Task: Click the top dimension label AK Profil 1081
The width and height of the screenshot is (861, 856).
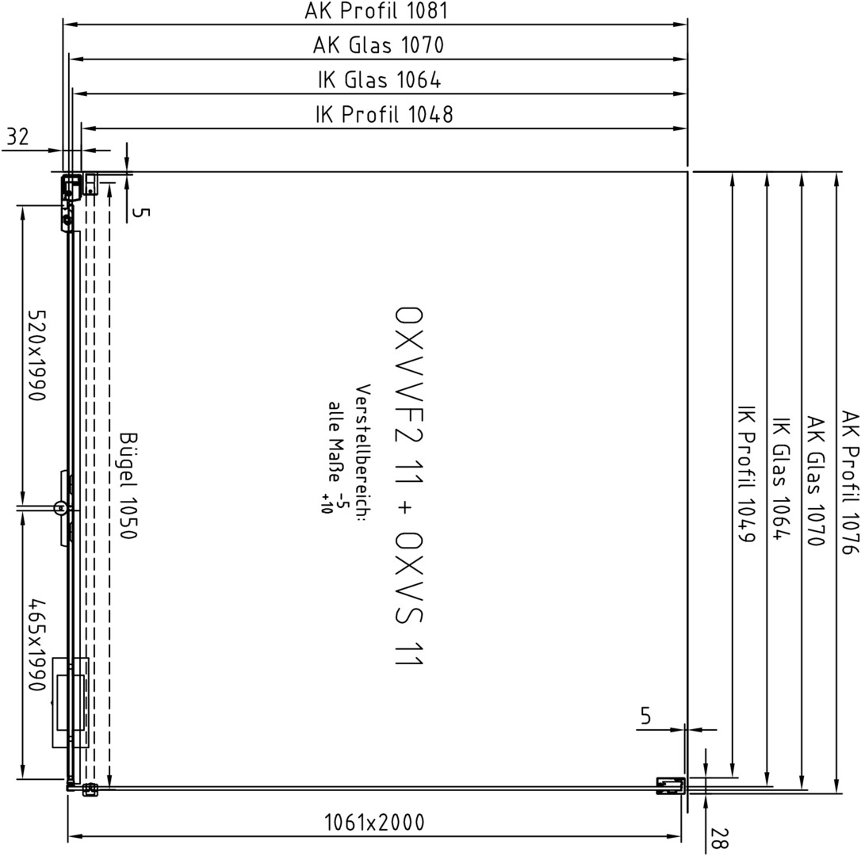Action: point(376,10)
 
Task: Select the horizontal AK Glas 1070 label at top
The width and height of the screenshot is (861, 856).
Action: point(378,45)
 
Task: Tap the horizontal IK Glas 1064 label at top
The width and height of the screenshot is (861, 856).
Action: point(380,80)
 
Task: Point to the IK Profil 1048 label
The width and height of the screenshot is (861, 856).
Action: point(385,114)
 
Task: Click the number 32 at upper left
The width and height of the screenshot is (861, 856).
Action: point(17,136)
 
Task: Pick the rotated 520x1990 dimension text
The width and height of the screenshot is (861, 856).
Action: point(37,355)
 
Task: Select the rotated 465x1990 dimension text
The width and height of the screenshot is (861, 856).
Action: point(37,645)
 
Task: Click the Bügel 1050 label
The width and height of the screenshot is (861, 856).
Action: point(128,485)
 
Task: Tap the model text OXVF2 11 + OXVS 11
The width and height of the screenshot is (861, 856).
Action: point(409,487)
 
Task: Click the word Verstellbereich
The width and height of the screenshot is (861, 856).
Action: point(363,452)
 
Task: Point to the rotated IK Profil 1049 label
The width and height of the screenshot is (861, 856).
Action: point(746,481)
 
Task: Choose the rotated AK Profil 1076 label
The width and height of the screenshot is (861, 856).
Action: point(849,482)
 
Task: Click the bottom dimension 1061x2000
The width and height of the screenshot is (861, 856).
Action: point(374,823)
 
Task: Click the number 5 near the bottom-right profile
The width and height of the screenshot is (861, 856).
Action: point(645,716)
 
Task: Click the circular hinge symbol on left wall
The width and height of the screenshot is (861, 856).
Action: point(59,508)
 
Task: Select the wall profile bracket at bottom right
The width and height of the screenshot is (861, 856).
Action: point(671,785)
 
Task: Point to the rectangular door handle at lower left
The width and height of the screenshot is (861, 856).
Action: point(71,703)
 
